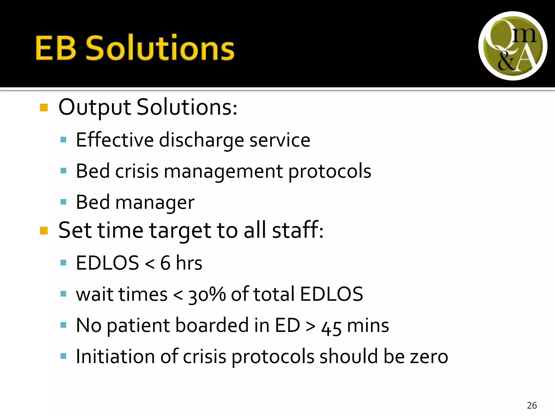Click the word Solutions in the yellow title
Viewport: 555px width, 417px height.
click(160, 48)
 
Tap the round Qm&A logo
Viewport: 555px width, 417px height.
click(513, 46)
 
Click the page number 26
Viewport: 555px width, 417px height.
click(532, 405)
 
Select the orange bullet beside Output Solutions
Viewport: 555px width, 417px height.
click(44, 108)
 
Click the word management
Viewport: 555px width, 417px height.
click(223, 172)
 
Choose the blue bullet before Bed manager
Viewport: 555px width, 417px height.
click(63, 202)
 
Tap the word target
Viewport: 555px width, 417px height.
click(180, 230)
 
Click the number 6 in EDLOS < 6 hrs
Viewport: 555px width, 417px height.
click(165, 263)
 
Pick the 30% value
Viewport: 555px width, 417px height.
click(207, 294)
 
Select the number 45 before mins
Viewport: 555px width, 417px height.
click(331, 327)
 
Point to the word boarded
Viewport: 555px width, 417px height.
click(212, 325)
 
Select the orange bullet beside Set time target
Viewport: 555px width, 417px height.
click(44, 231)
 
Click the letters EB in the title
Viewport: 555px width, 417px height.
click(56, 48)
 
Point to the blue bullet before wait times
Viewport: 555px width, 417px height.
click(63, 294)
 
